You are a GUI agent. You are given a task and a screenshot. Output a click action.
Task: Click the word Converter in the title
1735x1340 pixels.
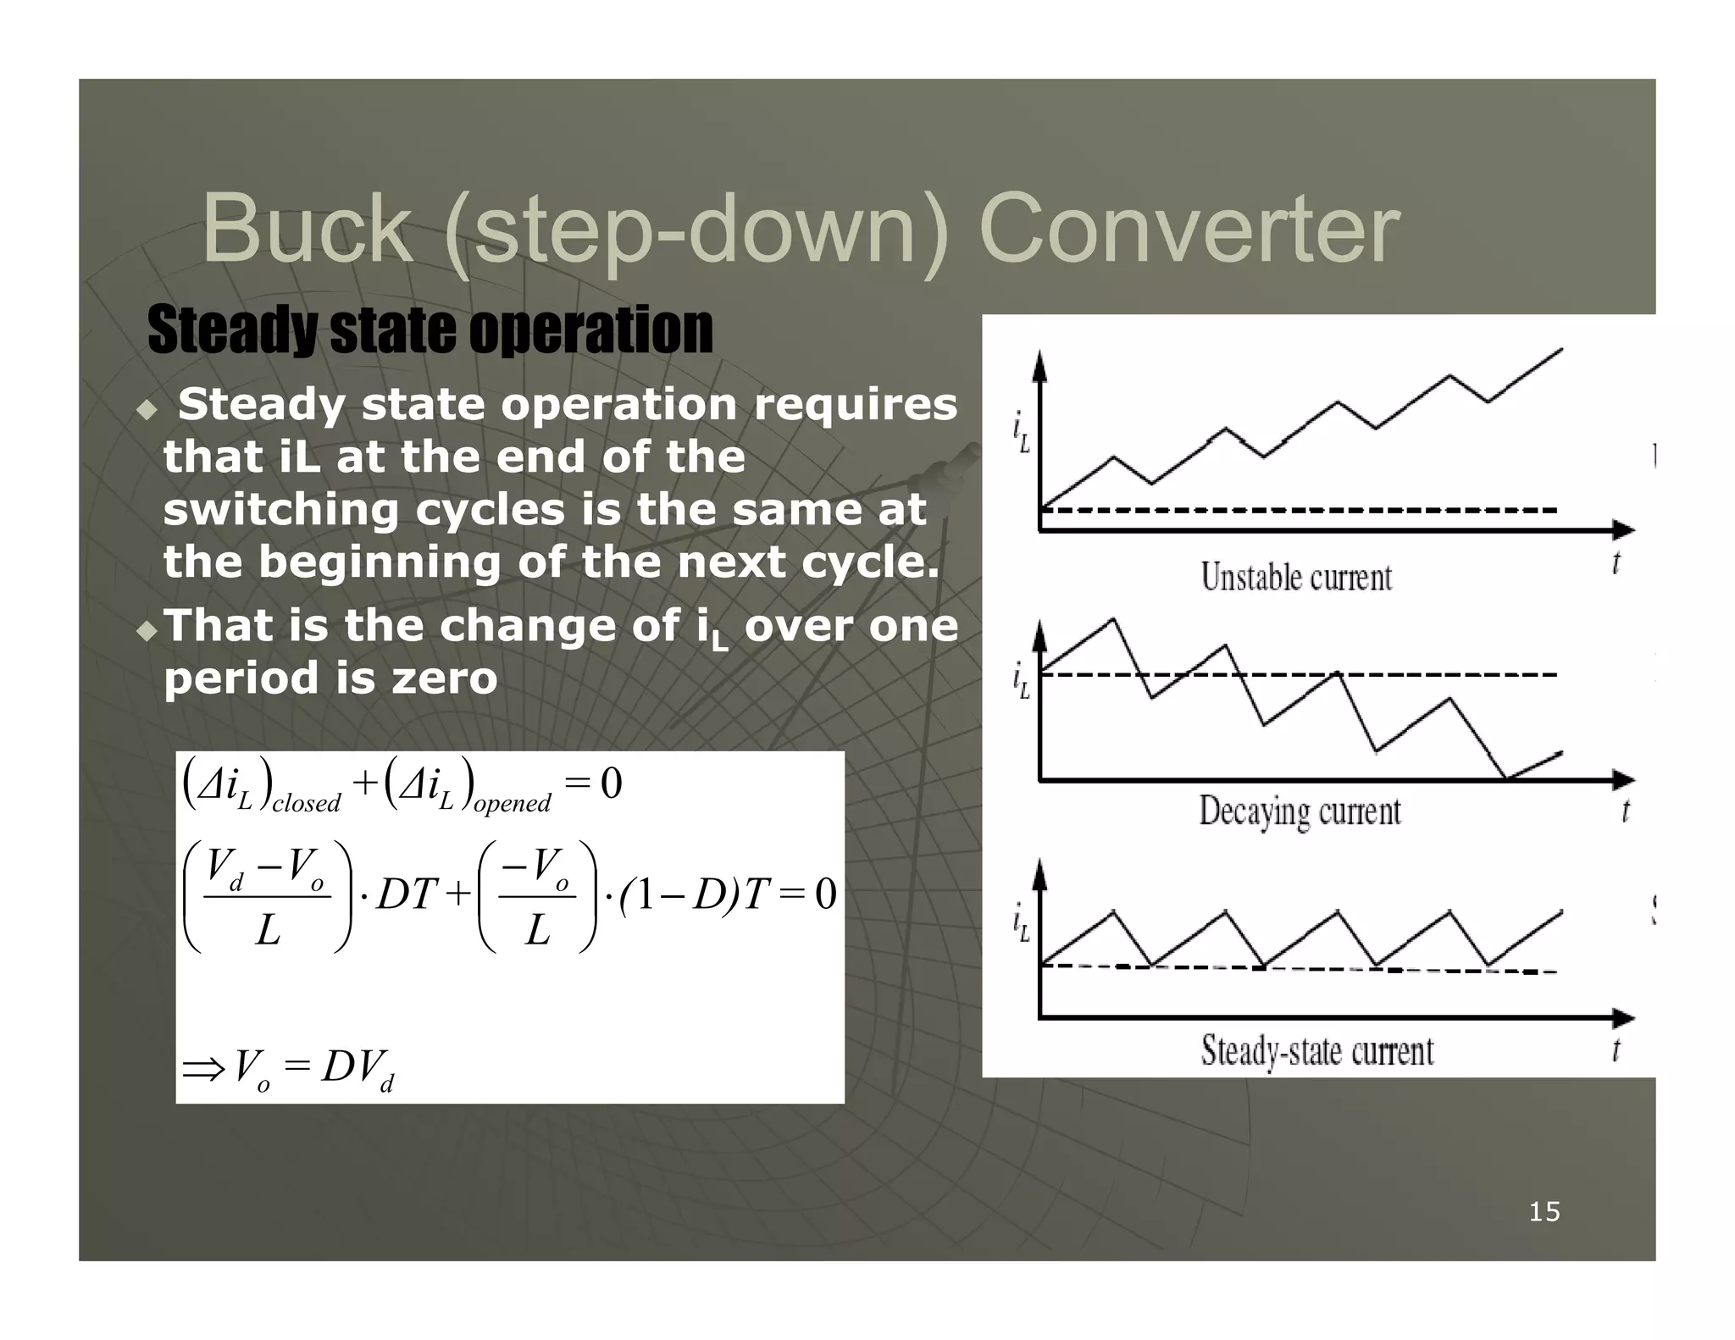coord(1188,229)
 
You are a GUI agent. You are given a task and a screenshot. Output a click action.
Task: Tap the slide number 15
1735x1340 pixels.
coord(1544,1212)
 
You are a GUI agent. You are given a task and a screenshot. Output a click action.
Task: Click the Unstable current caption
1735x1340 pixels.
coord(1296,578)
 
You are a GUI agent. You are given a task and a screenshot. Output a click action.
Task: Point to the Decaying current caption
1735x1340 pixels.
coord(1300,811)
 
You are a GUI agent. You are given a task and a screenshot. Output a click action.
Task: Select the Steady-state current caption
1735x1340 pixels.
coord(1316,1051)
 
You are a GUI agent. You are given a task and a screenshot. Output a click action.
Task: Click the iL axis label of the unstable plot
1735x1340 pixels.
coord(1022,430)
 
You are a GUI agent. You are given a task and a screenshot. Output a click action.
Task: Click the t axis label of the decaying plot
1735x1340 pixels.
coord(1625,811)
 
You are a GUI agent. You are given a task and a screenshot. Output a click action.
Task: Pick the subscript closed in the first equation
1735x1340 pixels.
coord(306,803)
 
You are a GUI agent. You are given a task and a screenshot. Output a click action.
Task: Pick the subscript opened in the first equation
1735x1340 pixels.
coord(512,803)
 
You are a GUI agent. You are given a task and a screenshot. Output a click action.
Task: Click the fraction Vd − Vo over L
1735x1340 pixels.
coord(267,897)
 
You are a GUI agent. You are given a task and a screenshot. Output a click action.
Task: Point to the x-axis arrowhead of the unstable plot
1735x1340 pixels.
coord(1623,531)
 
